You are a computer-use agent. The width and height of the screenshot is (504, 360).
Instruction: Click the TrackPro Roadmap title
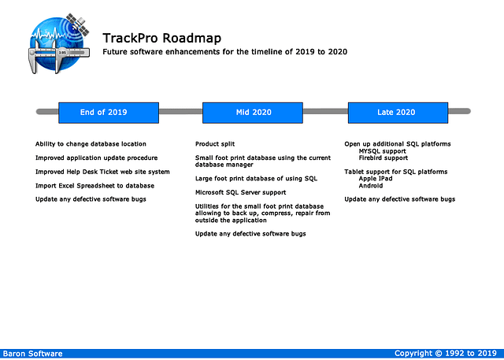161,38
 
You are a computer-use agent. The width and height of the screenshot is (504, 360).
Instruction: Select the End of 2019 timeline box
103,112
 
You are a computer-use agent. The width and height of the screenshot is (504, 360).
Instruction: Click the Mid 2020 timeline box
253,112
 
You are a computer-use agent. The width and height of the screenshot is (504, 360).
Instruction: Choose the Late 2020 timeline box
396,112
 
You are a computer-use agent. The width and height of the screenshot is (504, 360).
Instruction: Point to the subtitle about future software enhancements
224,52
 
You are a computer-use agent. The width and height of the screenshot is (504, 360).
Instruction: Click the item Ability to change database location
91,144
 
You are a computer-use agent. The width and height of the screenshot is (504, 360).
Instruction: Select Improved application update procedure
96,158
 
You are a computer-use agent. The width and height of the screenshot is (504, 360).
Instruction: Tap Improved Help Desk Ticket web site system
102,172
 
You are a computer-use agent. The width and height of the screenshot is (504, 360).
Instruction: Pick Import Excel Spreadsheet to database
94,185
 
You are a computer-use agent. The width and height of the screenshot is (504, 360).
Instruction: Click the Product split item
215,144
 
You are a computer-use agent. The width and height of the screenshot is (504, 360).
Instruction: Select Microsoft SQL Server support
240,192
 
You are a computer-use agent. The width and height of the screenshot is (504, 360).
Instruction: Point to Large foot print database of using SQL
256,179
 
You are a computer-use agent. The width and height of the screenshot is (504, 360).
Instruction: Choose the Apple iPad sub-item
376,179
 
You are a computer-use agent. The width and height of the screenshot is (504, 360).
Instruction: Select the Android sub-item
371,185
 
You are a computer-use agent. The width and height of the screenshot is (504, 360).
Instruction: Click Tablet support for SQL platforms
395,172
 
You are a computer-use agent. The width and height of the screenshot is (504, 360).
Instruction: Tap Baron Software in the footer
32,354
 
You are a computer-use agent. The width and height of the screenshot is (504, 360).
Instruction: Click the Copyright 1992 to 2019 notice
445,354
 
